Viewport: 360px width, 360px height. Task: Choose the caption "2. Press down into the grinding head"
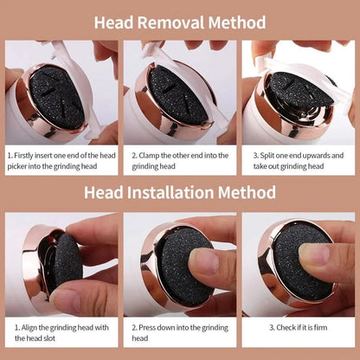click(181, 333)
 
